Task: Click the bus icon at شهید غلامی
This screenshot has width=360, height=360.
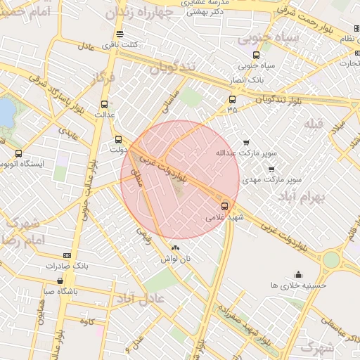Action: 224,206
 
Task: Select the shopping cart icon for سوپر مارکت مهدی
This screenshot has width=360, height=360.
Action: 271,169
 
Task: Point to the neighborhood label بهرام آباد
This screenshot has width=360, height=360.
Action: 308,198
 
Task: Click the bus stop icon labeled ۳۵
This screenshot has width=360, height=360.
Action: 232,99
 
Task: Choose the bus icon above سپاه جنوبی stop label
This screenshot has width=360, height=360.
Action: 255,55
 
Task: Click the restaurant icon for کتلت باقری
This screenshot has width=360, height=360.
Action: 120,34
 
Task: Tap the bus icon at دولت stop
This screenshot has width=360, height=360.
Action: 117,139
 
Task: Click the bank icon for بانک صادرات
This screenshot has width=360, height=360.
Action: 67,255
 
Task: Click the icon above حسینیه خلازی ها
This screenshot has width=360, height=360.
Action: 298,275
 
